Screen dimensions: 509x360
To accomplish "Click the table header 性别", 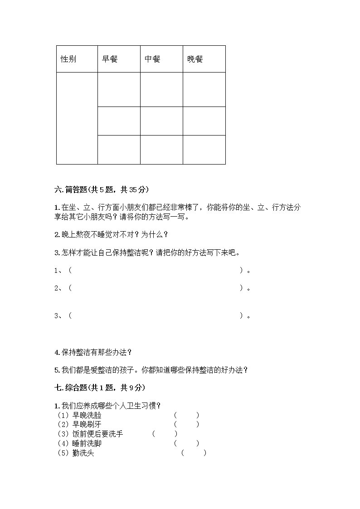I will [x=68, y=59].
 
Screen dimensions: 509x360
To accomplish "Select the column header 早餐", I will [x=110, y=59].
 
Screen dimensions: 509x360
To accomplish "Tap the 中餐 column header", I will [x=152, y=59].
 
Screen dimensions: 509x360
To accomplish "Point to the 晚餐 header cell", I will [x=195, y=59].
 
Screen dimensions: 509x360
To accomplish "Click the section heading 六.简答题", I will [x=102, y=189].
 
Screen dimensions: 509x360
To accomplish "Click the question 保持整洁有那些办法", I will [x=93, y=352].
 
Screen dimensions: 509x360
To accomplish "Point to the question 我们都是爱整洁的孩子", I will [x=151, y=370].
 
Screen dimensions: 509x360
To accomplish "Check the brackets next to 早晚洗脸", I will [x=186, y=415].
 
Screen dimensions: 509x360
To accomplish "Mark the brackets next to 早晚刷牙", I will [x=186, y=424].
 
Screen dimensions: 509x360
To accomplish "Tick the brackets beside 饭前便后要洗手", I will [x=165, y=434].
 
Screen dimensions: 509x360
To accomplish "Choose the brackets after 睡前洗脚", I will [x=186, y=443].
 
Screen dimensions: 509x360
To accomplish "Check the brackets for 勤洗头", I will [x=194, y=453].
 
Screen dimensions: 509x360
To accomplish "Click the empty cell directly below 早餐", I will [x=119, y=90].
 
